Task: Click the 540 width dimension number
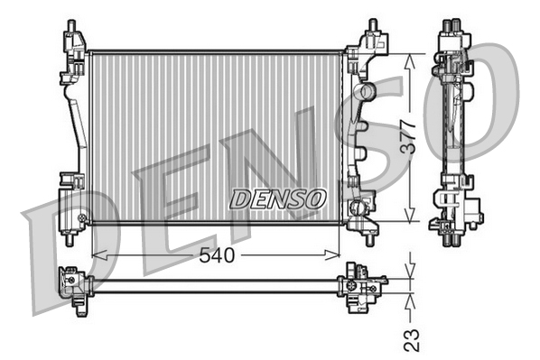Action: click(217, 255)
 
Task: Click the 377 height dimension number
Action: click(410, 136)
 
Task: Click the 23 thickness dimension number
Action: click(412, 340)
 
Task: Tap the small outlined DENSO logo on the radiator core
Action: click(277, 198)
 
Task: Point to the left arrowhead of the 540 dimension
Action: click(99, 255)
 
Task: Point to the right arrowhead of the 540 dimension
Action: click(332, 255)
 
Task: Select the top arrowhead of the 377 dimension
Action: click(409, 62)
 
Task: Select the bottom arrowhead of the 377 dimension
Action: click(409, 214)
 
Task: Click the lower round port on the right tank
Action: click(357, 208)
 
